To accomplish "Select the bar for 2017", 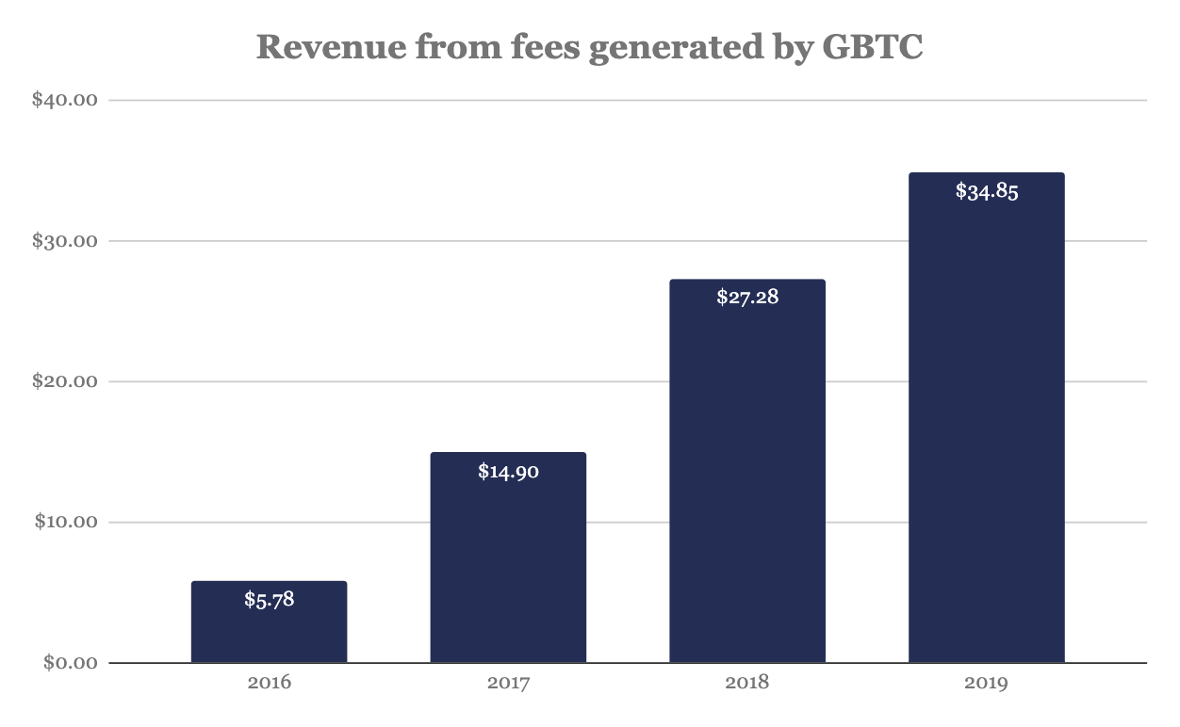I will pos(508,565).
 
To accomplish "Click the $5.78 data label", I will pos(269,599).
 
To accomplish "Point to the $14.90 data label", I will pos(508,471).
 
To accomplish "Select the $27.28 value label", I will pos(746,298).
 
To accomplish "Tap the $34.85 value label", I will pos(986,191).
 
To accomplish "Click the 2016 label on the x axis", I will pos(269,683).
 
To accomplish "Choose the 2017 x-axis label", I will pos(508,683).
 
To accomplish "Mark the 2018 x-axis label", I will pos(746,683).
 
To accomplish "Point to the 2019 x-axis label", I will pos(986,683).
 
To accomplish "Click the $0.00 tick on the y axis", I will pos(71,663).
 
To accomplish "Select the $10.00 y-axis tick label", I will pos(66,522).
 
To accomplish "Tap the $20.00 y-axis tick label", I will pos(66,381).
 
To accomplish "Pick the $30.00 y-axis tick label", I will pos(66,241).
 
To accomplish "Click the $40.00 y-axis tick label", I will pos(66,100).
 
